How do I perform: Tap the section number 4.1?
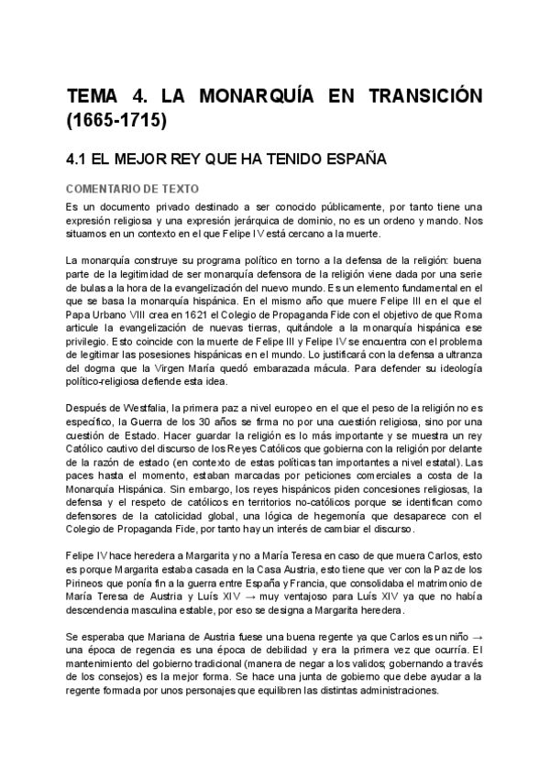pos(81,159)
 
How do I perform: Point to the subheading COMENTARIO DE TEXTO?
pos(126,189)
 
